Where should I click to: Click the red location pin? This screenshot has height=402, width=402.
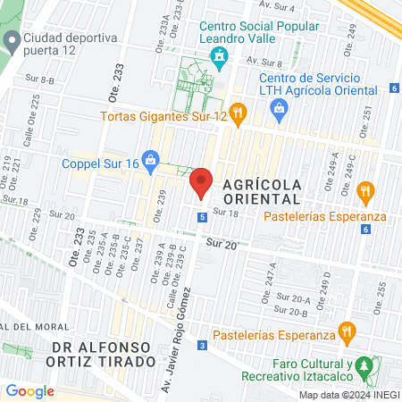pos(201,182)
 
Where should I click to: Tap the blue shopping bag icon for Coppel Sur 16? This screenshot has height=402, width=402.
pos(151,163)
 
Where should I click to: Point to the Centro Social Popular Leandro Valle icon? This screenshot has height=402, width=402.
pos(218,58)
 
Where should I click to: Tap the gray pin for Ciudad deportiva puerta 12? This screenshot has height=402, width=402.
pos(12,39)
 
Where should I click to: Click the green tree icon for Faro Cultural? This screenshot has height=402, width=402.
pos(364,366)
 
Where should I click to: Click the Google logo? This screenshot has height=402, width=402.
pos(29,390)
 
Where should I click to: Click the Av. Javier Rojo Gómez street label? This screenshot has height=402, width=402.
pos(174,337)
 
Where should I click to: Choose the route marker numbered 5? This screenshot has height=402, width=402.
pos(203,217)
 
